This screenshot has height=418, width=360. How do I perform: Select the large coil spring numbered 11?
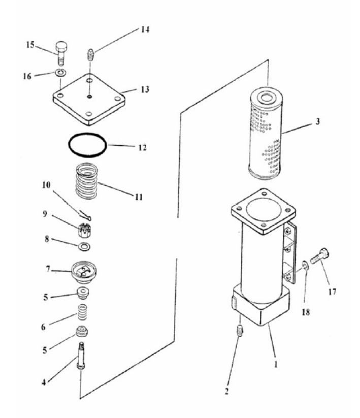pyautogui.click(x=87, y=181)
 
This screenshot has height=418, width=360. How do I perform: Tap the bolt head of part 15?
pyautogui.click(x=61, y=47)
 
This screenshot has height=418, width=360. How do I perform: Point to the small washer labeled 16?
pyautogui.click(x=61, y=73)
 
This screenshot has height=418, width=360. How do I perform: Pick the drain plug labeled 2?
pyautogui.click(x=240, y=331)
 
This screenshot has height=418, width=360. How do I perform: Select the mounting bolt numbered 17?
pyautogui.click(x=319, y=255)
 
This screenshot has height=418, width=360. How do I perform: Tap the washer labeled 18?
pyautogui.click(x=305, y=266)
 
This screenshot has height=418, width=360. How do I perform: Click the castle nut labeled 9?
pyautogui.click(x=83, y=230)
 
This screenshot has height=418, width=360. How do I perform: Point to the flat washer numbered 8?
pyautogui.click(x=84, y=247)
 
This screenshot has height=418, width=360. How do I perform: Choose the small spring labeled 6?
pyautogui.click(x=83, y=312)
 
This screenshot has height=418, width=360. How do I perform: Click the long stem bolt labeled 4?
pyautogui.click(x=81, y=356)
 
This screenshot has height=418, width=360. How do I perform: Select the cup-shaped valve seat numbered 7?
pyautogui.click(x=84, y=272)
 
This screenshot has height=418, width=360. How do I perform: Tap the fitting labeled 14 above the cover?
pyautogui.click(x=90, y=55)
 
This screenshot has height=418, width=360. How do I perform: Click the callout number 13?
pyautogui.click(x=145, y=89)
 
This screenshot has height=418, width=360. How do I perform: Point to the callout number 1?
pyautogui.click(x=276, y=364)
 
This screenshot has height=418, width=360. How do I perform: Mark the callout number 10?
pyautogui.click(x=46, y=185)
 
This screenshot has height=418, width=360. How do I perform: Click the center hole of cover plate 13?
pyautogui.click(x=89, y=96)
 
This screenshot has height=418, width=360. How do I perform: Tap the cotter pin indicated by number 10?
pyautogui.click(x=85, y=215)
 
